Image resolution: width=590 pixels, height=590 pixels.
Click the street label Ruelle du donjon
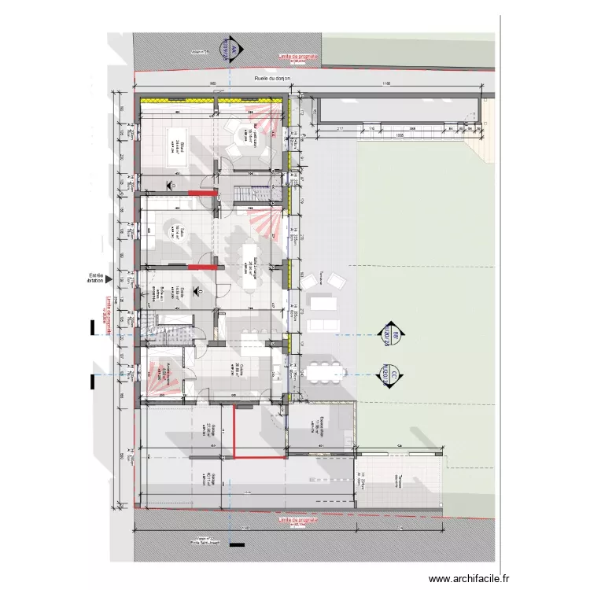click(272, 79)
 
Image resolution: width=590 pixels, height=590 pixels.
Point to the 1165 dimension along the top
click(385, 85)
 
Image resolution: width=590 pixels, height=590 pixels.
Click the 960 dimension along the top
click(213, 85)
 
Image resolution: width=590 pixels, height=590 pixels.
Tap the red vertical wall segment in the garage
click(233, 430)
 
